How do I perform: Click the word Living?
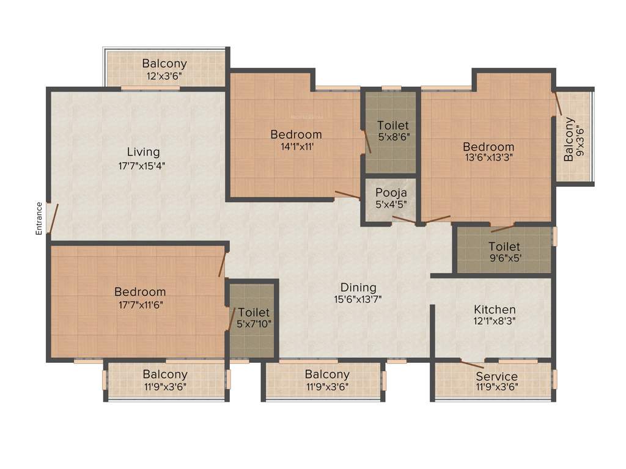(x=143, y=152)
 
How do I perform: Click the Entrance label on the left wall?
(x=39, y=218)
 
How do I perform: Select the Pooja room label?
(x=391, y=194)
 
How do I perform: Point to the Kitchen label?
(x=495, y=310)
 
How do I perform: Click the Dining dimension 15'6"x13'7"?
(x=358, y=299)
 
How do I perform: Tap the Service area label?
(x=496, y=376)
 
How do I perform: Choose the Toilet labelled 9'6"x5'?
(x=504, y=247)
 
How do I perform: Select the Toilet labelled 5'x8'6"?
(x=392, y=125)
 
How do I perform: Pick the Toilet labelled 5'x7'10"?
(x=254, y=313)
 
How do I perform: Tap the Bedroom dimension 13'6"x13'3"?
(x=488, y=158)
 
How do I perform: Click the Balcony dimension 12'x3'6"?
(x=164, y=76)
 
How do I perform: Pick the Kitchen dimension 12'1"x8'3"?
(x=495, y=322)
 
